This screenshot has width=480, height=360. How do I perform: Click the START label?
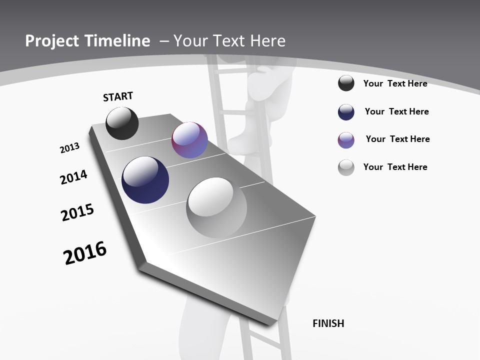click(x=118, y=96)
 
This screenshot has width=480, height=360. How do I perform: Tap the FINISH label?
click(x=328, y=323)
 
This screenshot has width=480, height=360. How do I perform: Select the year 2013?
click(x=70, y=148)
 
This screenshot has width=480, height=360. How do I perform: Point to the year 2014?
click(x=73, y=177)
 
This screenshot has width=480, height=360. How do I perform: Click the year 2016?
click(x=85, y=253)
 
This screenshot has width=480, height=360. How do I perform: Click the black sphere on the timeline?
click(x=122, y=123)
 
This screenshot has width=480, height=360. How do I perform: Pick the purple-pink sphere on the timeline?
click(x=189, y=139)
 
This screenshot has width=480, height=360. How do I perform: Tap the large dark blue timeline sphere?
click(x=145, y=180)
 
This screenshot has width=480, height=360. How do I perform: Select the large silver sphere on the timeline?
click(x=216, y=207)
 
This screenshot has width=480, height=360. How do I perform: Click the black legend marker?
click(x=346, y=83)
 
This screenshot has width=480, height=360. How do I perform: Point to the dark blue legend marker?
click(x=346, y=112)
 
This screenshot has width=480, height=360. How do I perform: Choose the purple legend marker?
click(x=346, y=140)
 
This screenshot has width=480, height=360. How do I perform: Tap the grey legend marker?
click(x=346, y=167)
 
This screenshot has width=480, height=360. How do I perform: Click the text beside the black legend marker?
click(x=395, y=83)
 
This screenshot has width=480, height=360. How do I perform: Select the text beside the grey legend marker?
click(x=395, y=167)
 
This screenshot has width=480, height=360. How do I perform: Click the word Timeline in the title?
click(x=119, y=41)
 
